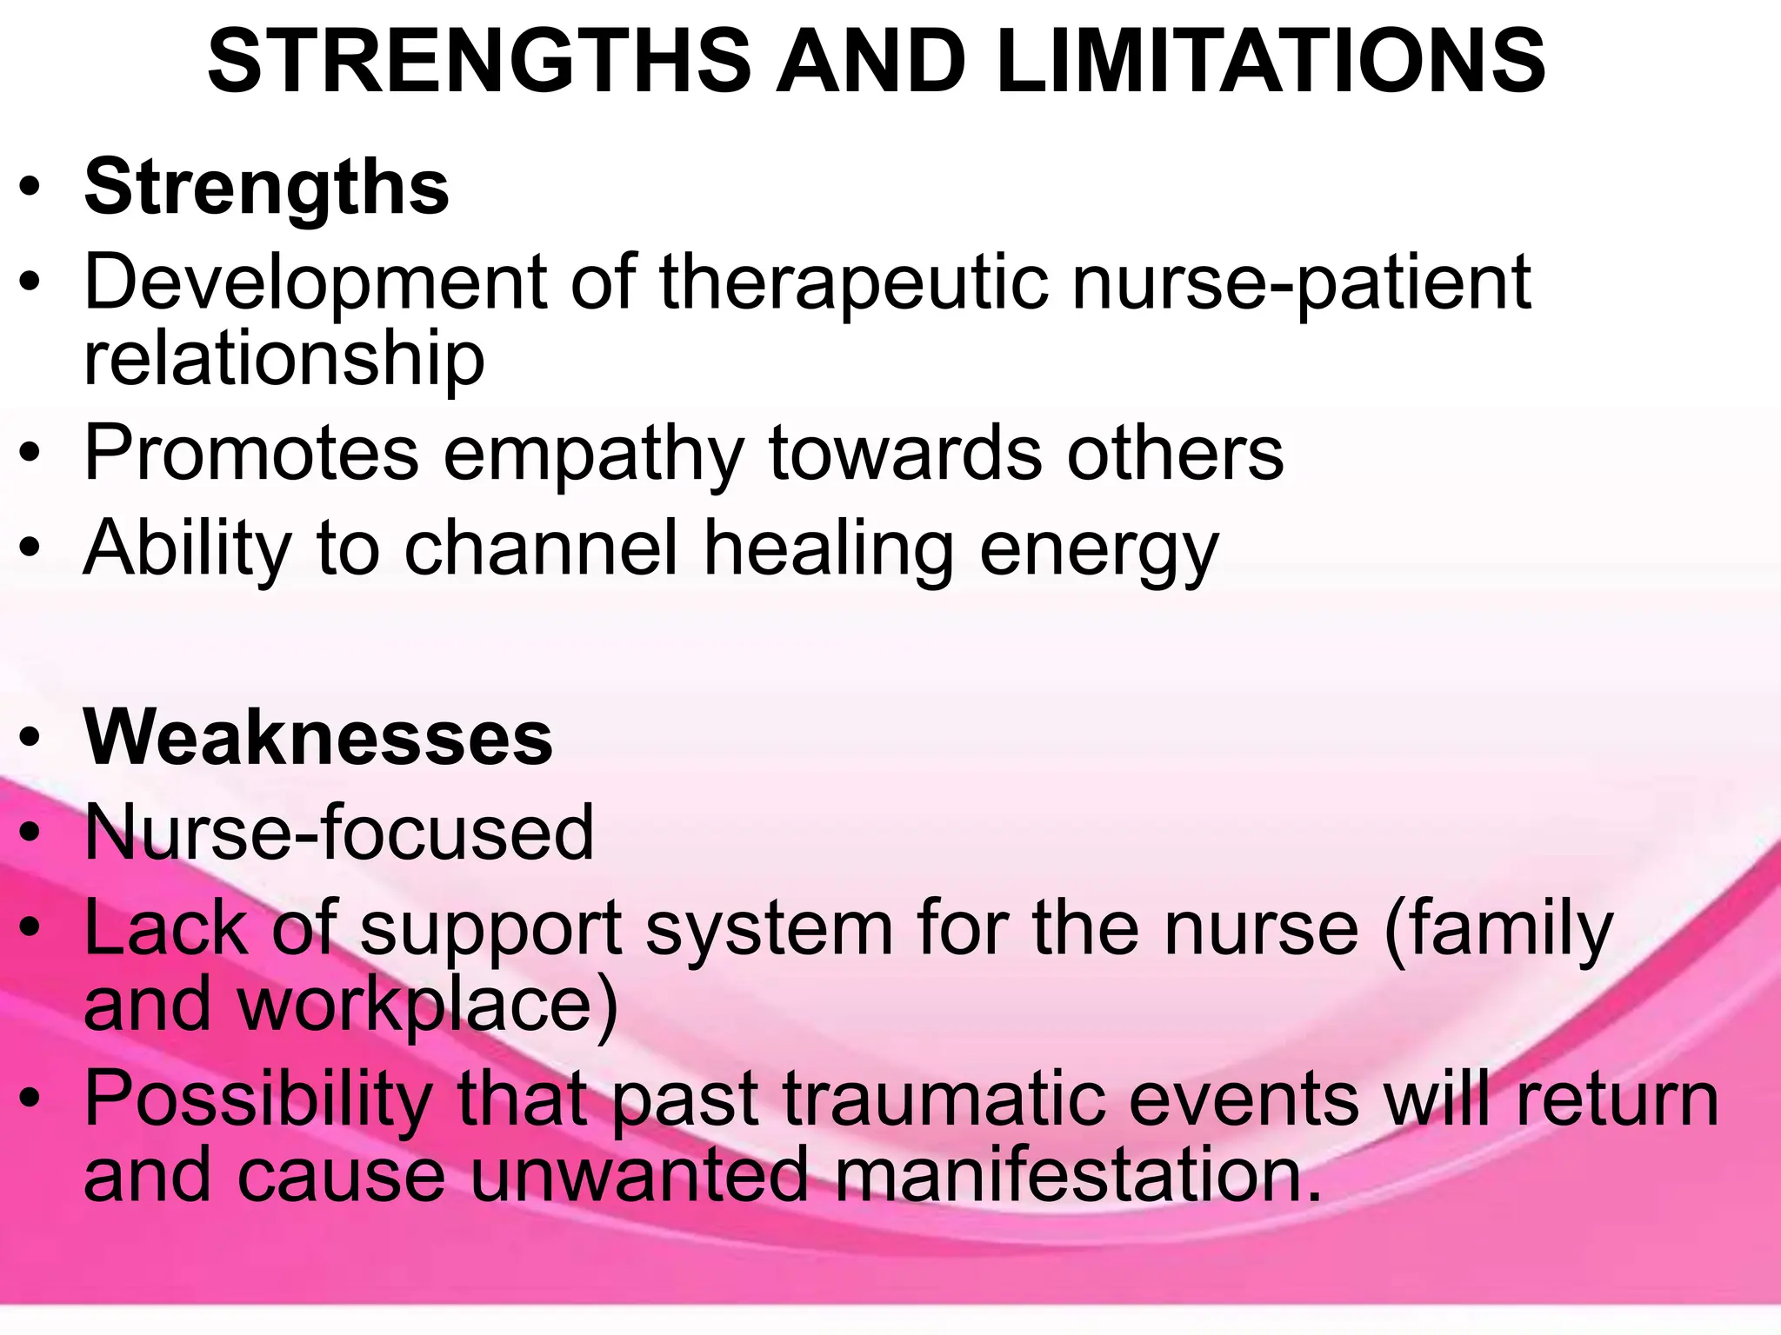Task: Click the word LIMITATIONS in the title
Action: [1271, 61]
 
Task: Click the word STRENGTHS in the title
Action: [479, 61]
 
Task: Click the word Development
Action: [316, 282]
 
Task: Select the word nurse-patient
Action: [1301, 282]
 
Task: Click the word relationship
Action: [283, 359]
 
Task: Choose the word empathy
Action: [593, 454]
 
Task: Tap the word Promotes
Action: [251, 454]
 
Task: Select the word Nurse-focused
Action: [339, 833]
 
